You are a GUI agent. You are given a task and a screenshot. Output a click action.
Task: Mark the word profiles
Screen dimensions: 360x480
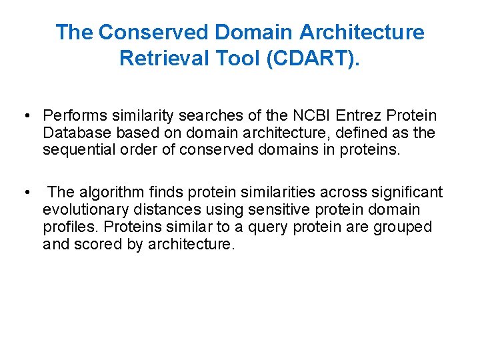(67, 227)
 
